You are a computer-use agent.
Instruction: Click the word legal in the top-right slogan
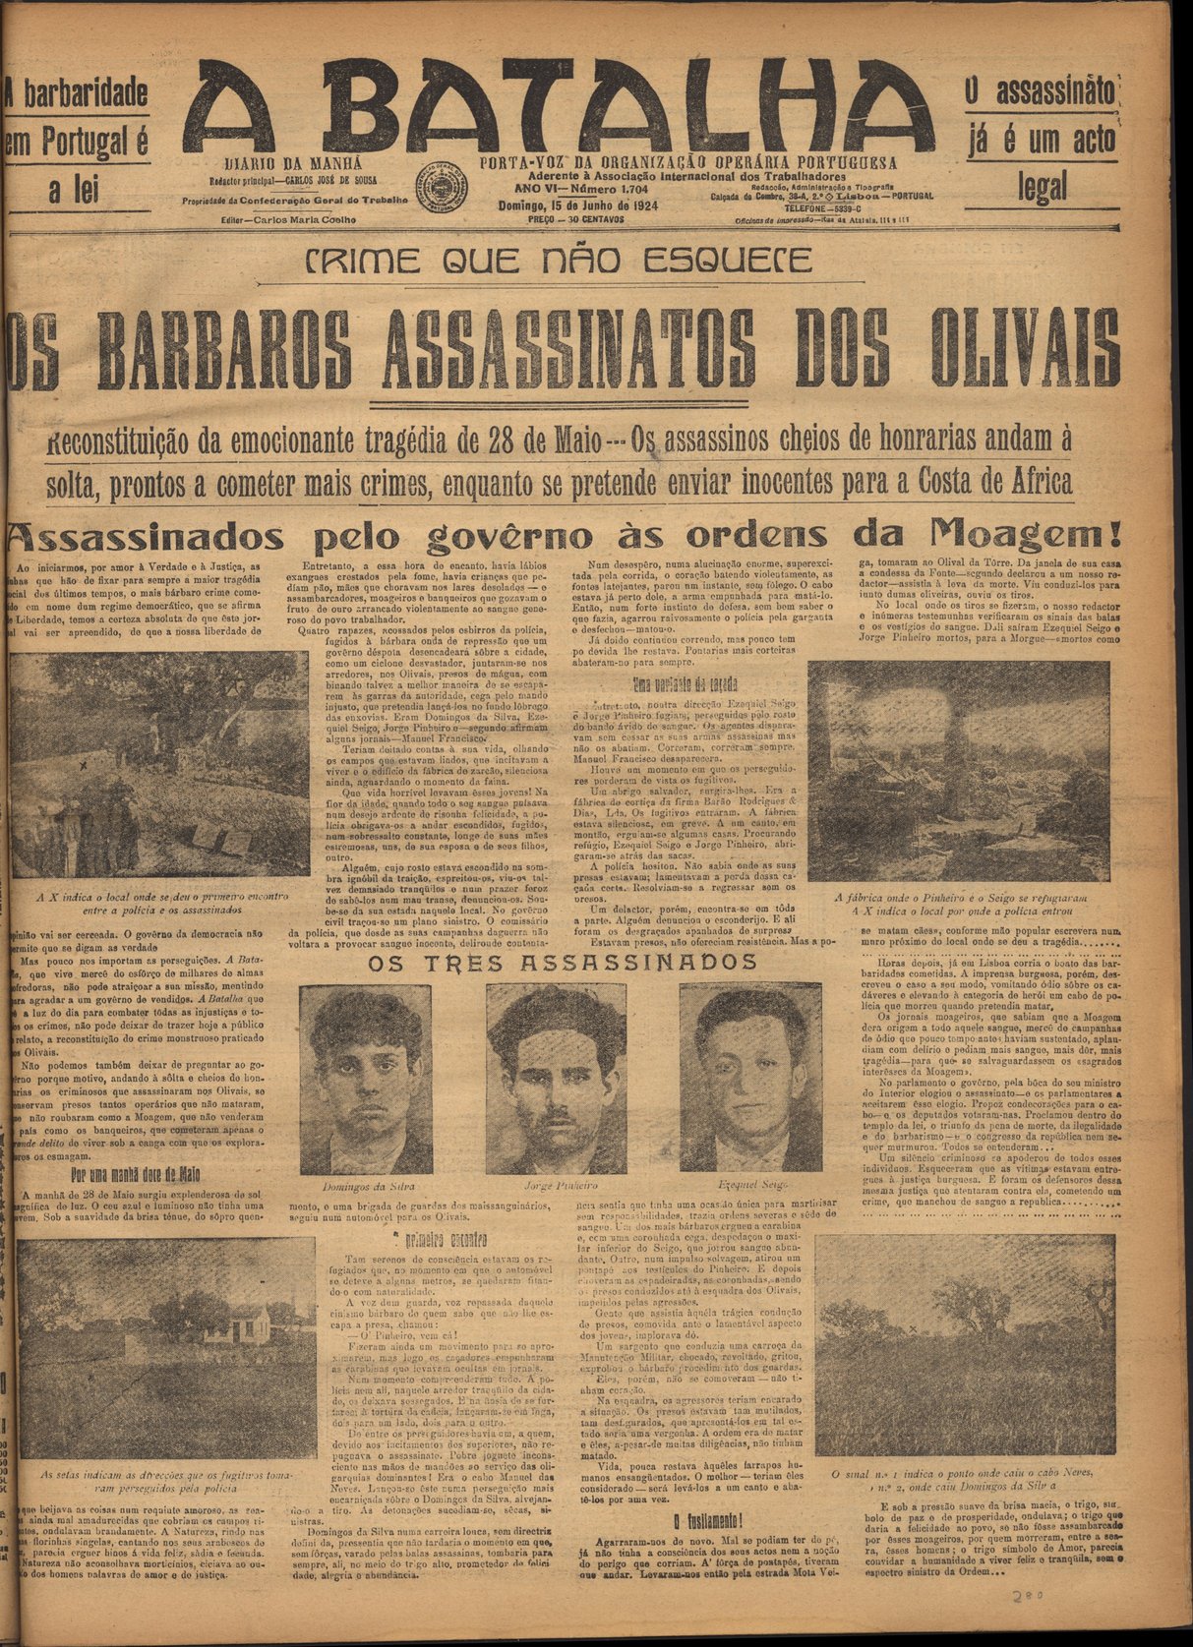tap(1042, 186)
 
